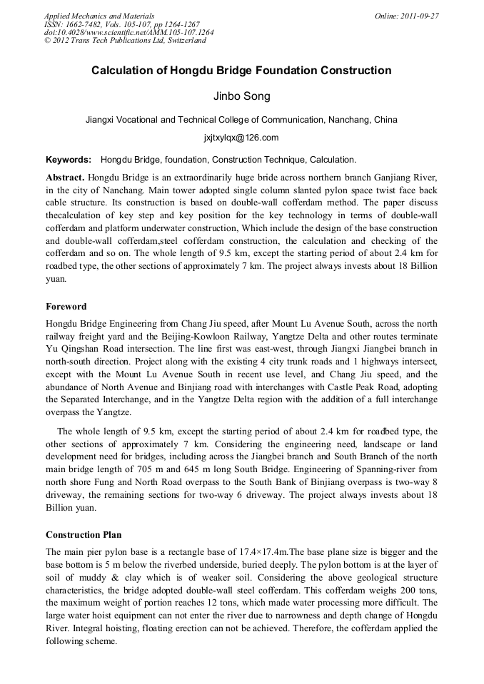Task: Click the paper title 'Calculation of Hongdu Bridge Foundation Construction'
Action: tap(241, 71)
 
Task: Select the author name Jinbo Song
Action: tap(241, 96)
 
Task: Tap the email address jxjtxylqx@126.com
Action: tap(241, 138)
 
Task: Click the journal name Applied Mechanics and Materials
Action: tap(99, 16)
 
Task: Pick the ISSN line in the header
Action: tap(121, 24)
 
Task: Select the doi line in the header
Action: tap(128, 32)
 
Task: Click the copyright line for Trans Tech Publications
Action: tap(125, 41)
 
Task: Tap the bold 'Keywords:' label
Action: tap(69, 160)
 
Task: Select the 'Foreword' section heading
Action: tap(66, 307)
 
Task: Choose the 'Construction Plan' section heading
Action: tap(84, 534)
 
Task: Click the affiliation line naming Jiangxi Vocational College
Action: tap(241, 119)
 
